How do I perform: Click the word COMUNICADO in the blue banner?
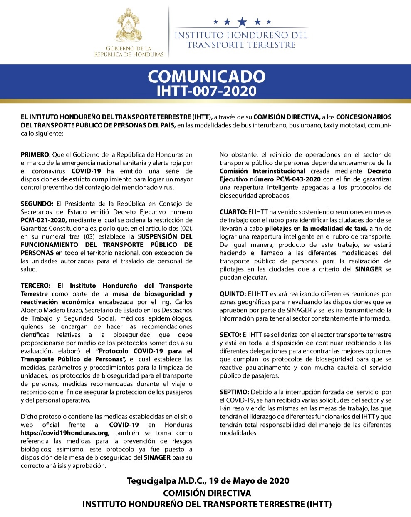pyautogui.click(x=206, y=77)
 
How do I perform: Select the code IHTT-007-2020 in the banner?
pyautogui.click(x=206, y=91)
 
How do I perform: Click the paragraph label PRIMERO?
pyautogui.click(x=35, y=155)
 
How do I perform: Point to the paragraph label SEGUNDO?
pyautogui.click(x=37, y=204)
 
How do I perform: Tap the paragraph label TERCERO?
pyautogui.click(x=36, y=286)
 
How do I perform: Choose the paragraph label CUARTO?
pyautogui.click(x=233, y=212)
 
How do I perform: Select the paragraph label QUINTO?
pyautogui.click(x=233, y=294)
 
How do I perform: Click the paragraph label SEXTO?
pyautogui.click(x=230, y=335)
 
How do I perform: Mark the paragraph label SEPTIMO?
pyautogui.click(x=234, y=392)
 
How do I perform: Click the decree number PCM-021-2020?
pyautogui.click(x=44, y=220)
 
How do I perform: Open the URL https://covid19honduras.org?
pyautogui.click(x=65, y=433)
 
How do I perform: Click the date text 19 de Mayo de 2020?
pyautogui.click(x=249, y=481)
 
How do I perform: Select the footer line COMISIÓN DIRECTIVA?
pyautogui.click(x=207, y=493)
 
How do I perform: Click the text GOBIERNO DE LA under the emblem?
pyautogui.click(x=129, y=48)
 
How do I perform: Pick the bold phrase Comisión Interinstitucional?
pyautogui.click(x=262, y=171)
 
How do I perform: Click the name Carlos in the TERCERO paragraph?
pyautogui.click(x=183, y=302)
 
